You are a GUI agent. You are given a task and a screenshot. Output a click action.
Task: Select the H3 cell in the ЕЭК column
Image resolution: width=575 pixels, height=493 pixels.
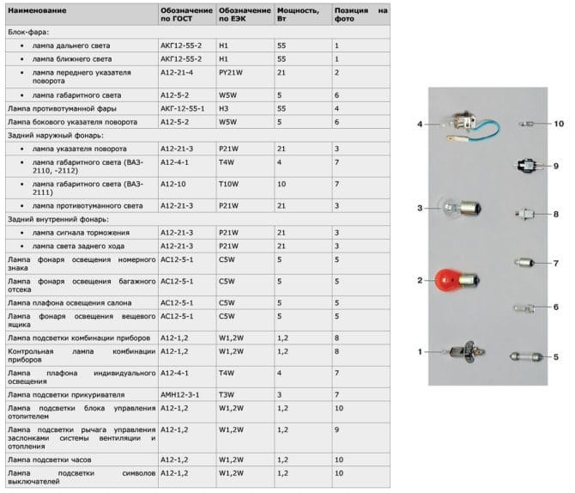[x=224, y=109]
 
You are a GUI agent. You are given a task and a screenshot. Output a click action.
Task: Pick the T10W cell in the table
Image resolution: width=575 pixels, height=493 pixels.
[x=228, y=184]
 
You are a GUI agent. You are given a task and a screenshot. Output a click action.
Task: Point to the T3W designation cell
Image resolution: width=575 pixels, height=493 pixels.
[x=227, y=393]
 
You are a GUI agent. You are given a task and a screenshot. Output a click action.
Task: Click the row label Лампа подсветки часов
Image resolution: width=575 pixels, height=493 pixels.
[x=49, y=460]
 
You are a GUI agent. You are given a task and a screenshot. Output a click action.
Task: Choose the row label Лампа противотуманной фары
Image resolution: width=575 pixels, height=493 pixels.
[x=62, y=109]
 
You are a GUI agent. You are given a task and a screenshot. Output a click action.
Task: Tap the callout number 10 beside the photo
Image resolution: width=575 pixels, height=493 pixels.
[x=558, y=124]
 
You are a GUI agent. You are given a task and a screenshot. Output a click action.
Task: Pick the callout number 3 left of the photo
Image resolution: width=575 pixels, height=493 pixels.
[x=420, y=208]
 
